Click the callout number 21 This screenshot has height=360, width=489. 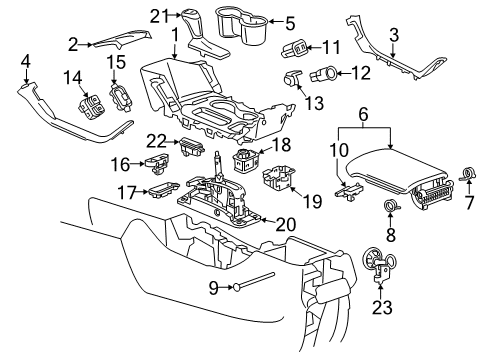click(157, 14)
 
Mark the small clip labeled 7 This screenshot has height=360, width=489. click(466, 175)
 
